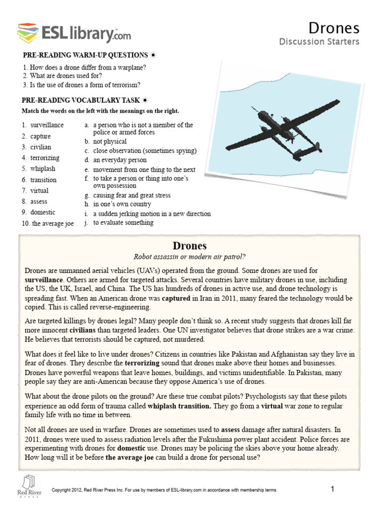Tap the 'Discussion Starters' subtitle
pos(319,42)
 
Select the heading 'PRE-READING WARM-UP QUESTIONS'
pos(84,55)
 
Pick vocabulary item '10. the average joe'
pos(48,224)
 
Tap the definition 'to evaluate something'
pos(123,223)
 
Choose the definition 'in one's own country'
pos(122,204)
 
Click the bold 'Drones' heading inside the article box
pos(190,246)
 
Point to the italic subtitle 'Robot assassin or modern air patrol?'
pos(190,256)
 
